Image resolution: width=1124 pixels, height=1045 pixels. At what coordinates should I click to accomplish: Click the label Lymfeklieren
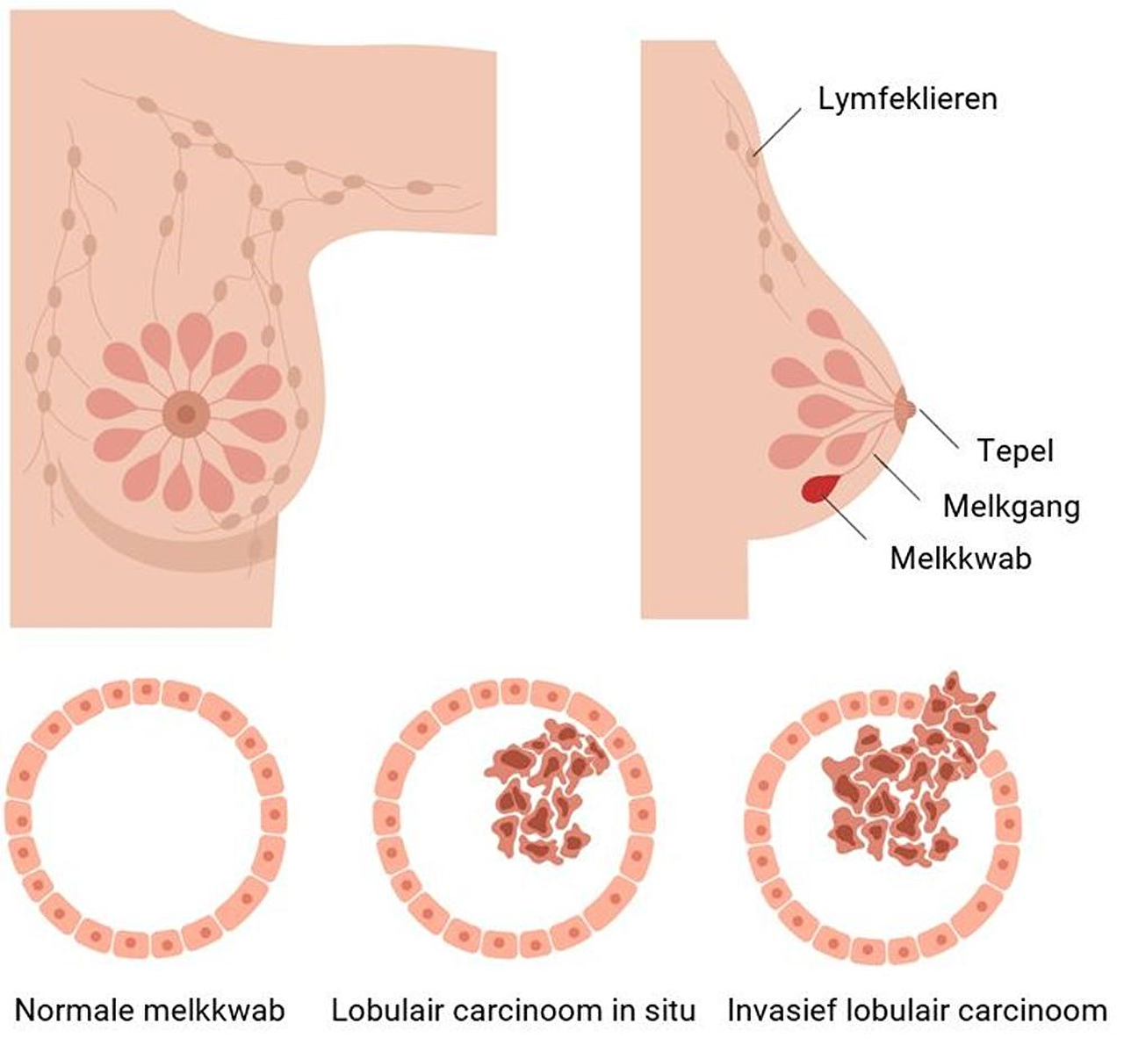908,98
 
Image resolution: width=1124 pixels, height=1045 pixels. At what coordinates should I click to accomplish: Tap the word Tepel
1015,451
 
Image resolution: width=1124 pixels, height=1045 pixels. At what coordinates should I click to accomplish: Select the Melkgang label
1011,507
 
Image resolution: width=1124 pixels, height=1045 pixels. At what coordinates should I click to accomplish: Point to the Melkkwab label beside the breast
961,559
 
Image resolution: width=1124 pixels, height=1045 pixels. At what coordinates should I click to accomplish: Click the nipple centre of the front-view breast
184,411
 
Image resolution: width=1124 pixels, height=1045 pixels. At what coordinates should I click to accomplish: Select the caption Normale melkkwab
150,1011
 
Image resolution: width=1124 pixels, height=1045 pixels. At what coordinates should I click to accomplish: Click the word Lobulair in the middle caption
385,1011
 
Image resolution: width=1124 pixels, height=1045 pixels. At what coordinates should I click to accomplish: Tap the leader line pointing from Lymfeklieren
777,132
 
